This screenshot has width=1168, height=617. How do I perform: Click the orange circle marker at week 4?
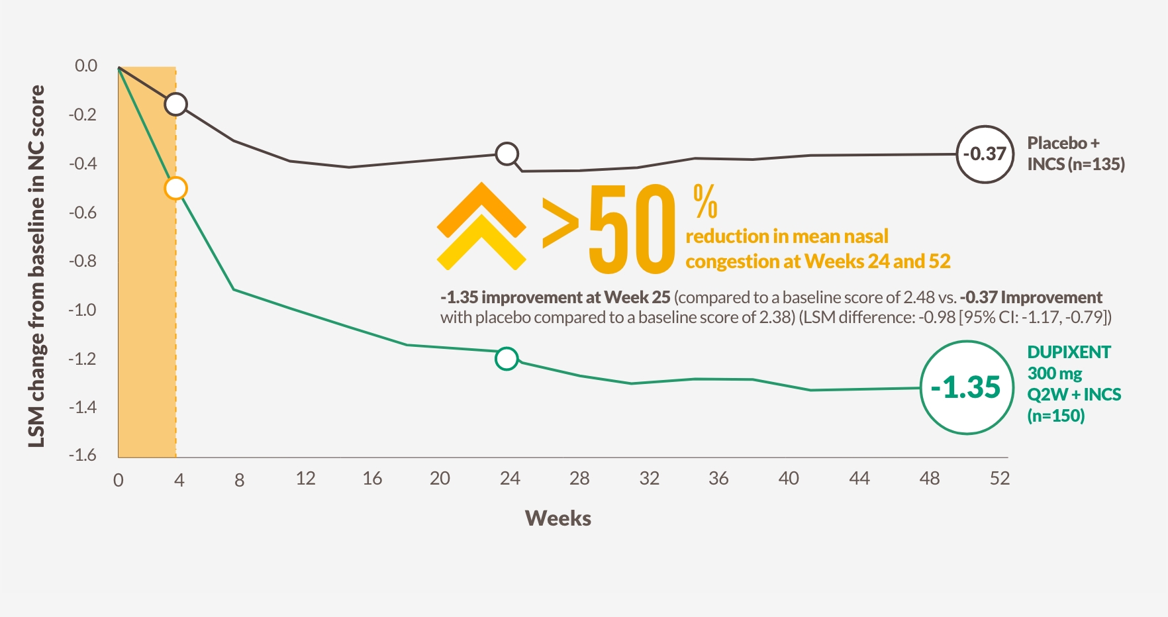(175, 189)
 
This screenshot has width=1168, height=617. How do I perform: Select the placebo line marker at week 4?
(175, 104)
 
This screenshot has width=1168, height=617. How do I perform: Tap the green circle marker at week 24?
(507, 359)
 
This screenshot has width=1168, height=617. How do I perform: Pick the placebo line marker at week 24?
(507, 154)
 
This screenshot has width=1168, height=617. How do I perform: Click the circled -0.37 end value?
(985, 154)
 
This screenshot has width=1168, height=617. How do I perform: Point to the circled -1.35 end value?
(967, 387)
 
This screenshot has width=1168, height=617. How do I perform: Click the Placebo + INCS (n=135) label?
(1075, 154)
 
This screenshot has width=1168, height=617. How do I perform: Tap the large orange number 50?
(632, 229)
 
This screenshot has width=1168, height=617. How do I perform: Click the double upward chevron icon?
(481, 227)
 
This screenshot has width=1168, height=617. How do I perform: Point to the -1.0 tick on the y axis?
(83, 310)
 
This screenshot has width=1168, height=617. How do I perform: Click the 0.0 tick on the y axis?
(85, 66)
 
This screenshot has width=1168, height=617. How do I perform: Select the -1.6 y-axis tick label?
(83, 455)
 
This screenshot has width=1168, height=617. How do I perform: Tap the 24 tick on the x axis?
(510, 479)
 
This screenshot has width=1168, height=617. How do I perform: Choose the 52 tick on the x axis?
(1000, 479)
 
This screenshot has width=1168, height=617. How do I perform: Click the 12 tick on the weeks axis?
(305, 479)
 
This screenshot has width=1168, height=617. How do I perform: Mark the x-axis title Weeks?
(558, 518)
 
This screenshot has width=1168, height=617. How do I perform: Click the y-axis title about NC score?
(37, 266)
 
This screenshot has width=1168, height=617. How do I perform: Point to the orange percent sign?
(705, 202)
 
